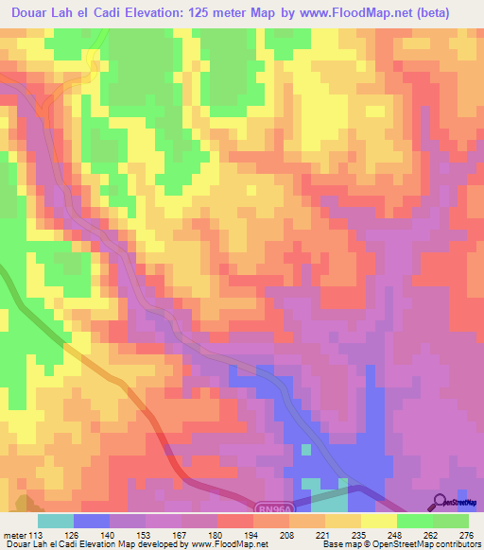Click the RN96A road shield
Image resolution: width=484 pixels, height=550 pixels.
coord(268,507)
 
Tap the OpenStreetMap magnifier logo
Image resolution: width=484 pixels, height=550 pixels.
coord(441,503)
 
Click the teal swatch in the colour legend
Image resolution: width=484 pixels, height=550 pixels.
coord(56,521)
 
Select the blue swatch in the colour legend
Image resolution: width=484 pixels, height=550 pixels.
coord(92,521)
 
